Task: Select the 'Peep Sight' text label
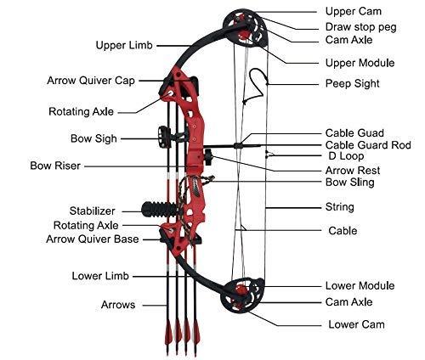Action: coord(353,84)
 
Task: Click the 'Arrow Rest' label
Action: coord(353,170)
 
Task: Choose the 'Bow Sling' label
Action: coord(350,183)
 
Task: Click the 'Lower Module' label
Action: coord(360,286)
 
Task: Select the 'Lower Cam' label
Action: coord(356,324)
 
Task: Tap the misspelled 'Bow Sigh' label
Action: coord(94,138)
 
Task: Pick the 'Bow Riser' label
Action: coord(55,166)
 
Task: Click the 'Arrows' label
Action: coord(117,303)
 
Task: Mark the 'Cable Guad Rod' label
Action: coord(367,145)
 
